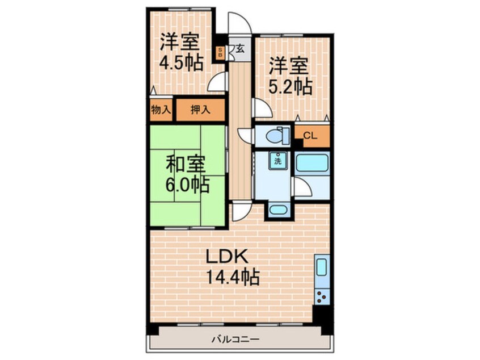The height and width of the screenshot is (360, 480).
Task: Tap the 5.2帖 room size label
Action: (289, 87)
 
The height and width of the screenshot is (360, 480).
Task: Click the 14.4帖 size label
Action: (233, 277)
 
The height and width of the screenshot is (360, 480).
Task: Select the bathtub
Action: (313, 162)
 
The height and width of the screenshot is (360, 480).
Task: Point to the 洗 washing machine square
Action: (278, 161)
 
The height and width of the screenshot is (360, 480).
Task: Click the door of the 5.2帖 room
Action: (261, 108)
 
